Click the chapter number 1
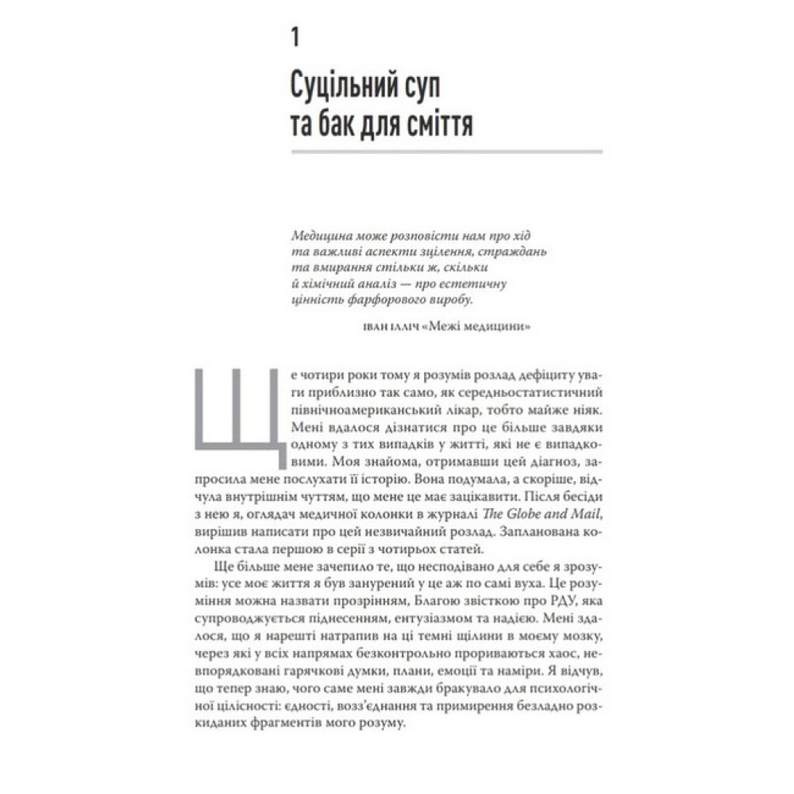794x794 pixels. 295,37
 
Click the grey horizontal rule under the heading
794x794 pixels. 447,151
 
